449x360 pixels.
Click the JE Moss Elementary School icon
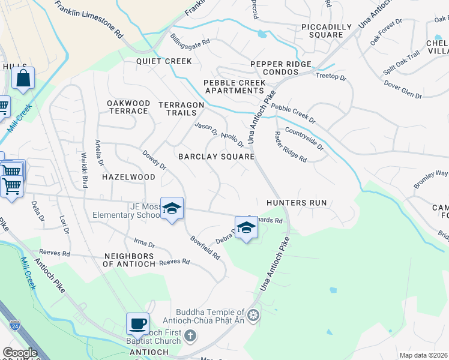click(x=172, y=209)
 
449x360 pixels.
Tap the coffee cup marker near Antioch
click(x=137, y=324)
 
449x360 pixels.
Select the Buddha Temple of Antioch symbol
click(x=254, y=314)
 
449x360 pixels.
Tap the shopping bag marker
click(x=23, y=79)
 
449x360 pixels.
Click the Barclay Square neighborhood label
click(x=217, y=157)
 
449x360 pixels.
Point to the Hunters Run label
click(x=297, y=203)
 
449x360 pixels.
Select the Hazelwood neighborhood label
click(x=128, y=177)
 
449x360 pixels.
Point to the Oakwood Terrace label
click(x=128, y=107)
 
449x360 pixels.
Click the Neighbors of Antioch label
click(x=130, y=260)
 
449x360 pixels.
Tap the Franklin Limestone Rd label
click(x=88, y=19)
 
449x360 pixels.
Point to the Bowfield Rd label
click(x=205, y=247)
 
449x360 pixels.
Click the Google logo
click(x=20, y=353)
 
